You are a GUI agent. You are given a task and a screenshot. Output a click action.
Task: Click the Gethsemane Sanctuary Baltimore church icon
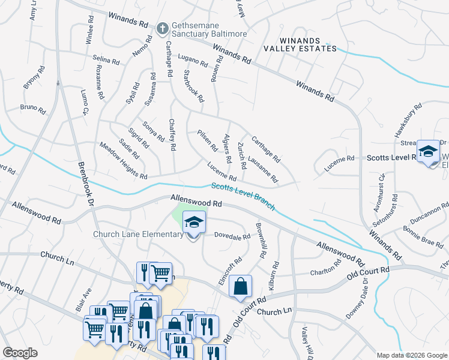coord(161,28)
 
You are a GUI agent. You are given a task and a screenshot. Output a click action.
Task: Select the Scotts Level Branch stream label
coord(243,197)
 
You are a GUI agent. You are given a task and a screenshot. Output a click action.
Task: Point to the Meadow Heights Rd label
coord(123,160)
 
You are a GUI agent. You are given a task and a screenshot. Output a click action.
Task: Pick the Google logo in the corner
coord(20,353)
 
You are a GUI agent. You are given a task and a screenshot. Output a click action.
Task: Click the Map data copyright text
coord(411,355)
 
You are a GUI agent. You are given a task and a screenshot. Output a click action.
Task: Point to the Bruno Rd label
coord(32,109)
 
